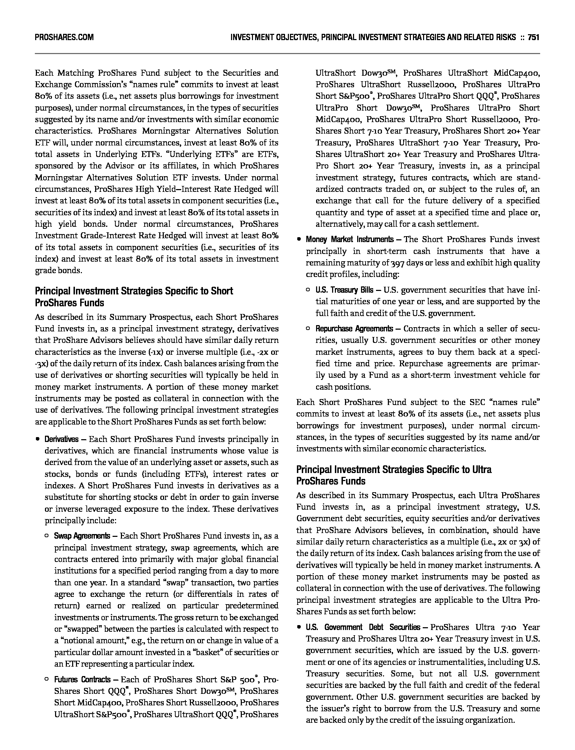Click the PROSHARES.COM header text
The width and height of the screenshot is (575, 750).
click(x=64, y=37)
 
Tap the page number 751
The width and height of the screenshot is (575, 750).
click(x=534, y=37)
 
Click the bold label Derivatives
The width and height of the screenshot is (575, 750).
click(x=61, y=439)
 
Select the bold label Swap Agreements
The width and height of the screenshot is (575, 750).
click(x=82, y=536)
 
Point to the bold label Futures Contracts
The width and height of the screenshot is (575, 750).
click(x=82, y=680)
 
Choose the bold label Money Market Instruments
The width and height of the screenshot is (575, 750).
click(x=350, y=239)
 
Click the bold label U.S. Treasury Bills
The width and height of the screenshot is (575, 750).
click(x=344, y=290)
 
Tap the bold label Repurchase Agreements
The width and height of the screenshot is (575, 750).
click(x=354, y=329)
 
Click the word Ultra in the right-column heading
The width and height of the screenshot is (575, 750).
click(x=482, y=470)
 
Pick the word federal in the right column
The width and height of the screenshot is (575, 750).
click(x=527, y=685)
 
